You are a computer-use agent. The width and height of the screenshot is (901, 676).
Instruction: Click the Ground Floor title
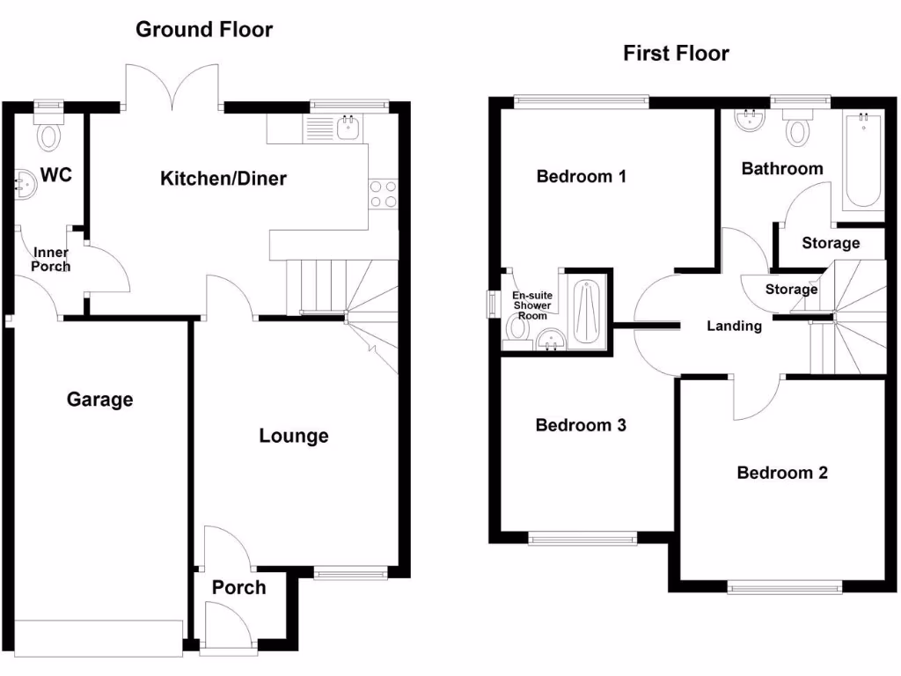click(203, 29)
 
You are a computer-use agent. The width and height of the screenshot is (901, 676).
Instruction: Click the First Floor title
click(676, 53)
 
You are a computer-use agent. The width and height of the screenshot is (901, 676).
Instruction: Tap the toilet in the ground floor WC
click(49, 136)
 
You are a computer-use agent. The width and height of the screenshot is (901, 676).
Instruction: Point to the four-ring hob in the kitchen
click(383, 194)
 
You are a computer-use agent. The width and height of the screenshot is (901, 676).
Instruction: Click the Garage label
click(99, 400)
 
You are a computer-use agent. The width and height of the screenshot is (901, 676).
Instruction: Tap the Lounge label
click(294, 436)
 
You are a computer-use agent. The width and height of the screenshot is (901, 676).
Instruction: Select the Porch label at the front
click(238, 587)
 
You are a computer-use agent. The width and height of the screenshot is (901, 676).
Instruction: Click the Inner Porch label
click(51, 260)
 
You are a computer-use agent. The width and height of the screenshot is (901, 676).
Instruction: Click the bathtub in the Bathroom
click(862, 160)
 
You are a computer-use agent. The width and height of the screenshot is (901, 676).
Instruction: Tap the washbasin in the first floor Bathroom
click(750, 121)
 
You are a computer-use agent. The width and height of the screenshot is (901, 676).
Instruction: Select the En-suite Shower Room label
click(532, 305)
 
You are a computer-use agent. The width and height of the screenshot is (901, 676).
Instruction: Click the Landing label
click(735, 326)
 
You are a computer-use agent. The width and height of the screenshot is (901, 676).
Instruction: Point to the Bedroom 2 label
click(782, 473)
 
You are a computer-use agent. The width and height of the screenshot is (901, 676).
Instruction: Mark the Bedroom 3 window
click(582, 538)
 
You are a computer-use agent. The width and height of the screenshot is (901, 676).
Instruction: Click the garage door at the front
click(98, 638)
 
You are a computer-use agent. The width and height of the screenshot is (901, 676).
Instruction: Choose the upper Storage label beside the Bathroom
click(831, 243)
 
